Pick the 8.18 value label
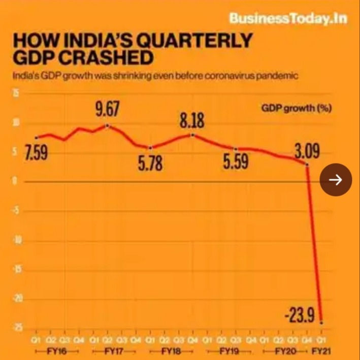(x=193, y=121)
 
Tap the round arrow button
(x=336, y=179)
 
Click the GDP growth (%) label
(x=297, y=109)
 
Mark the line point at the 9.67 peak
(x=107, y=125)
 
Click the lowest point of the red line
(x=321, y=322)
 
